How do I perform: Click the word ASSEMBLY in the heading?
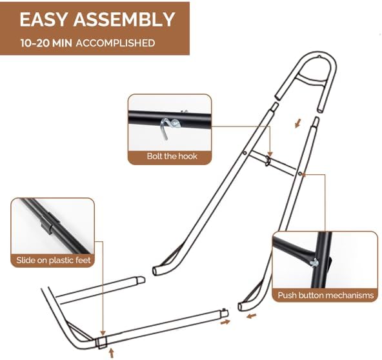pyautogui.click(x=125, y=19)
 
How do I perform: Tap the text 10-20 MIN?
pyautogui.click(x=46, y=43)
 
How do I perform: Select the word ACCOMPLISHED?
pyautogui.click(x=116, y=43)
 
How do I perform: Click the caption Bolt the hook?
pyautogui.click(x=172, y=156)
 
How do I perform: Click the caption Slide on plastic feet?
pyautogui.click(x=54, y=260)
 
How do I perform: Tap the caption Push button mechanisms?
pyautogui.click(x=326, y=295)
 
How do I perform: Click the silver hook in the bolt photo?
pyautogui.click(x=169, y=128)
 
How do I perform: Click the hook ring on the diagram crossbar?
pyautogui.click(x=268, y=160)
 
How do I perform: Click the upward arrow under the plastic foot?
pyautogui.click(x=112, y=353)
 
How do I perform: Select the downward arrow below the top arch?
pyautogui.click(x=297, y=123)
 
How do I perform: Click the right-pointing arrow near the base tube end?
pyautogui.click(x=225, y=322)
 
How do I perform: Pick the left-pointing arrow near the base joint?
pyautogui.click(x=252, y=316)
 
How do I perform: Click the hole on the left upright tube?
pyautogui.click(x=245, y=153)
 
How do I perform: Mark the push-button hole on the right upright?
pyautogui.click(x=301, y=174)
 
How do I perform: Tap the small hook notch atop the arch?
pyautogui.click(x=319, y=57)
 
